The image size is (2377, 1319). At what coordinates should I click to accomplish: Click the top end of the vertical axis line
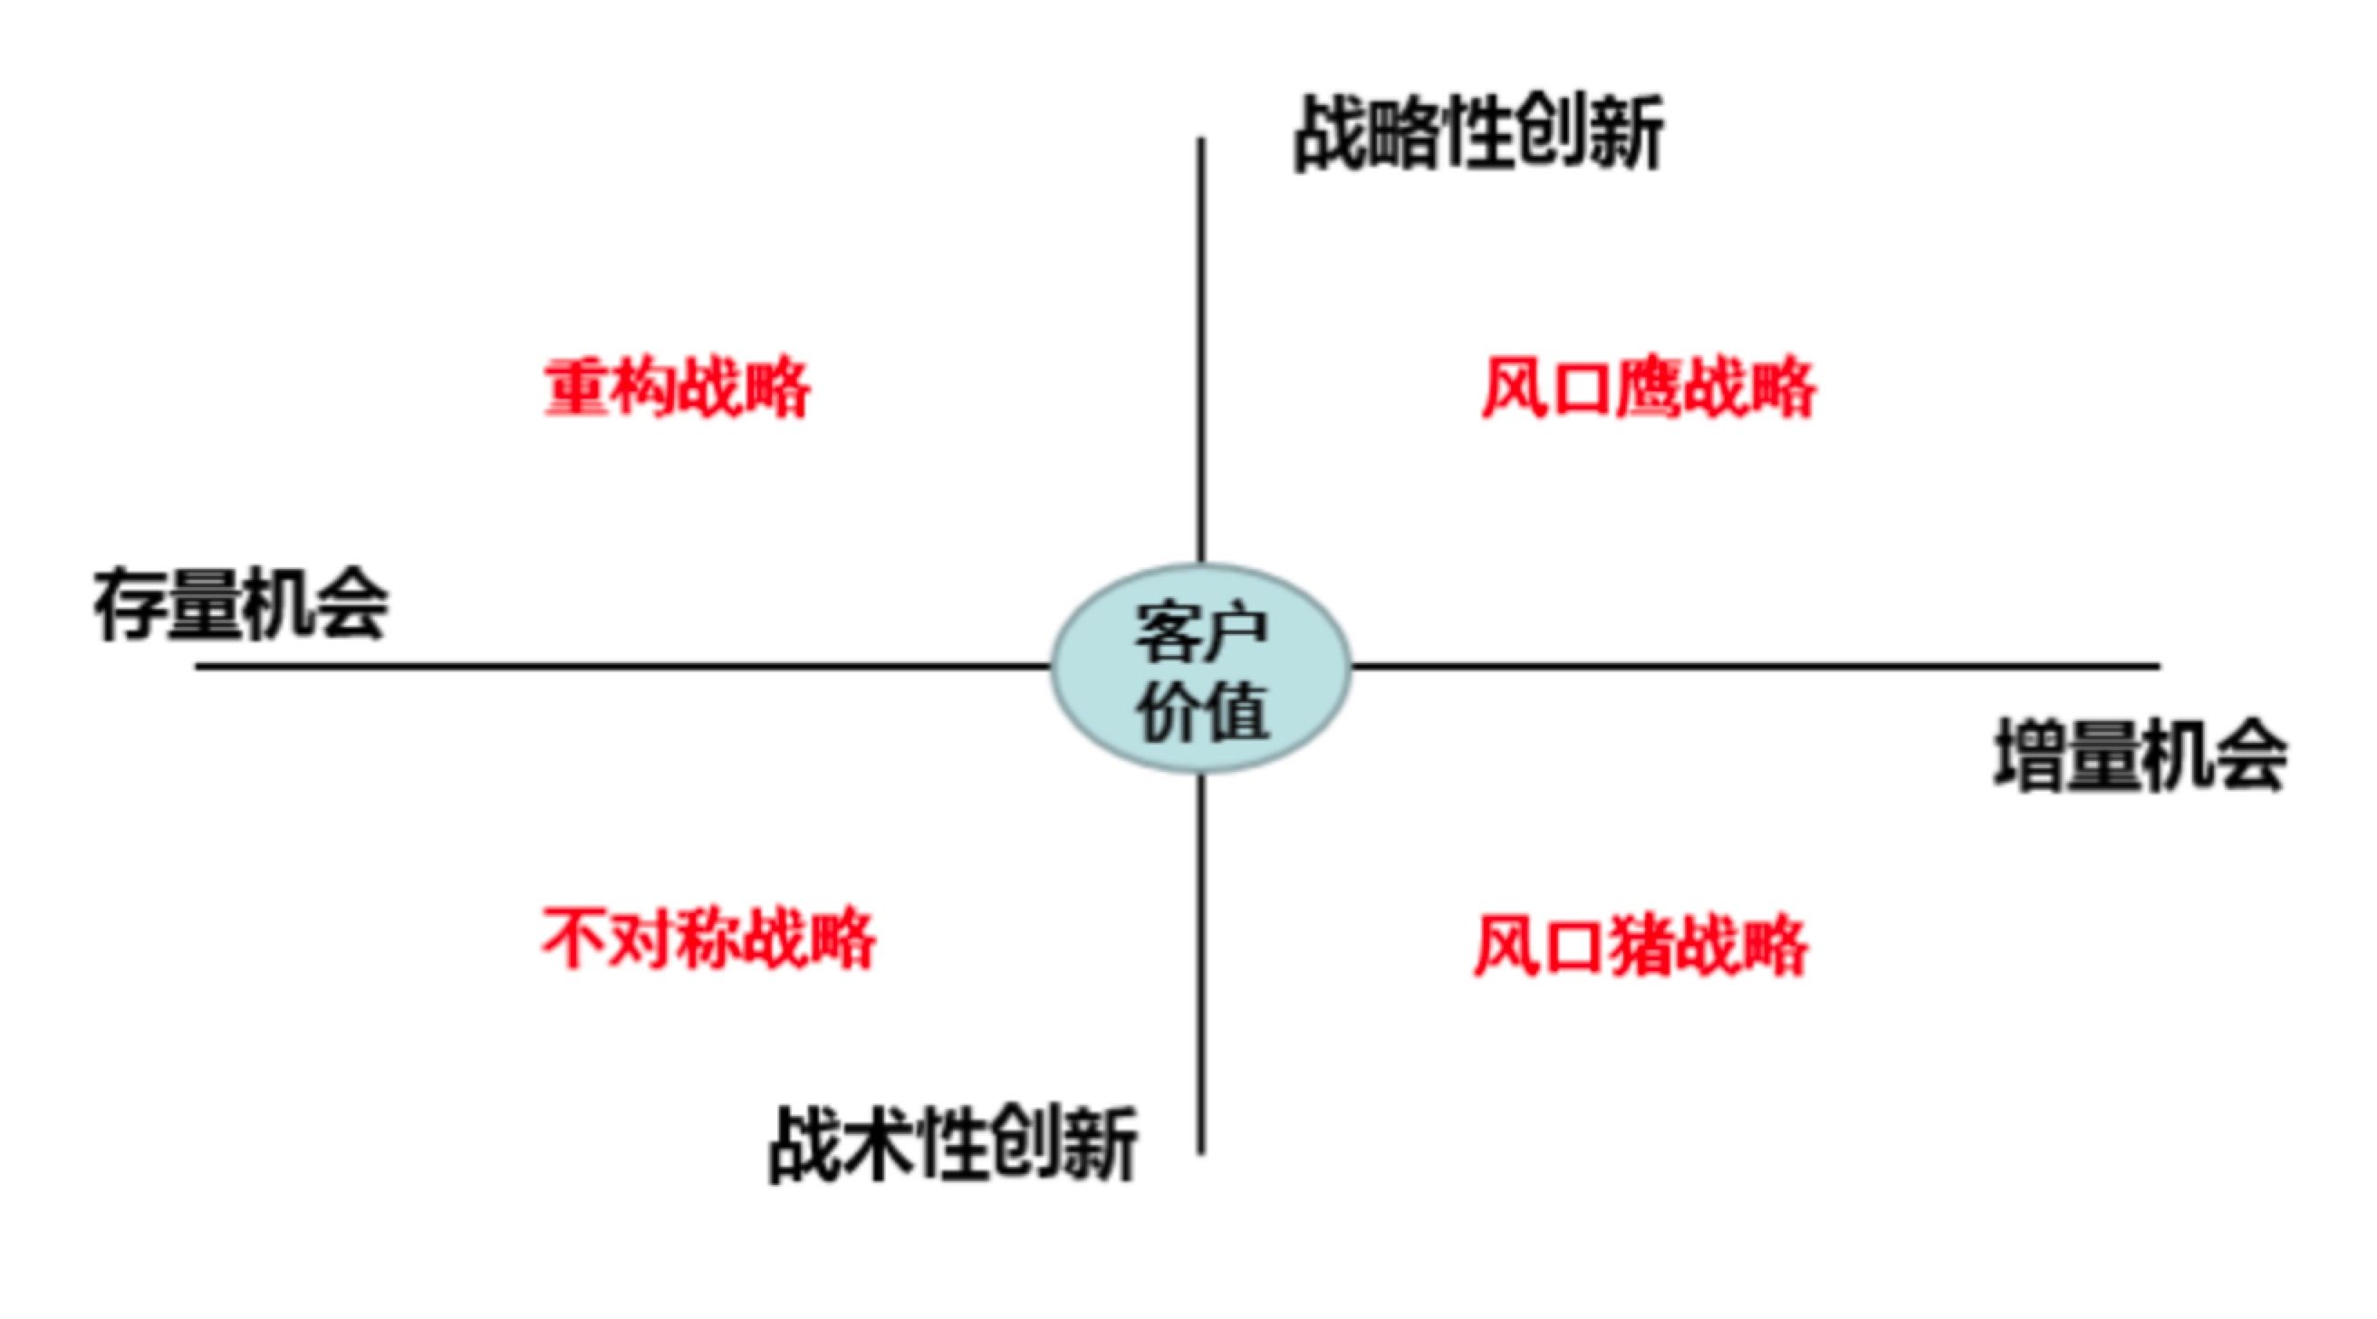tap(1200, 140)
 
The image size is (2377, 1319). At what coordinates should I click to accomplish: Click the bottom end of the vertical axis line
tap(1200, 1154)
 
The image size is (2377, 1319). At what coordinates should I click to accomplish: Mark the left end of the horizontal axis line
tap(197, 666)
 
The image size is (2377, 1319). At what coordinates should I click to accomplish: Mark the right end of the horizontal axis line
tap(2160, 665)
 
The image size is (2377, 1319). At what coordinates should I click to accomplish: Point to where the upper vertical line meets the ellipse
tap(1200, 564)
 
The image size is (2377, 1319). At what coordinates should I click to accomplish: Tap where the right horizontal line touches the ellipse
tap(1352, 665)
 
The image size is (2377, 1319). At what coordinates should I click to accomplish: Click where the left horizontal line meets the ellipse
tap(1050, 666)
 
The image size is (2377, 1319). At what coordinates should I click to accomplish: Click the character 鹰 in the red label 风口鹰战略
tap(1648, 389)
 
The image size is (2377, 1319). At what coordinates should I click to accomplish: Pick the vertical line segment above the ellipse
tap(1200, 351)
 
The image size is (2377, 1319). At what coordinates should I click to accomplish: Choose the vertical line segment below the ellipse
tap(1200, 963)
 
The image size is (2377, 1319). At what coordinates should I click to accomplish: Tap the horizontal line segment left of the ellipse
tap(623, 666)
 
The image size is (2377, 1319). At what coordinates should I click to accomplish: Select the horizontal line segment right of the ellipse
tap(1755, 665)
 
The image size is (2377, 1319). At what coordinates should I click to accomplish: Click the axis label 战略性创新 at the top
tap(1479, 133)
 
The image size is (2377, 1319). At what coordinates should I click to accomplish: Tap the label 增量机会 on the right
tap(2141, 754)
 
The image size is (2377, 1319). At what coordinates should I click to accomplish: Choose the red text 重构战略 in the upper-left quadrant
tap(678, 389)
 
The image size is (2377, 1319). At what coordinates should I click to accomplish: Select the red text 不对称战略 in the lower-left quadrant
tap(708, 939)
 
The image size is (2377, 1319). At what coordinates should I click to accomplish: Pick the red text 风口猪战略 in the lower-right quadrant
tap(1640, 945)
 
